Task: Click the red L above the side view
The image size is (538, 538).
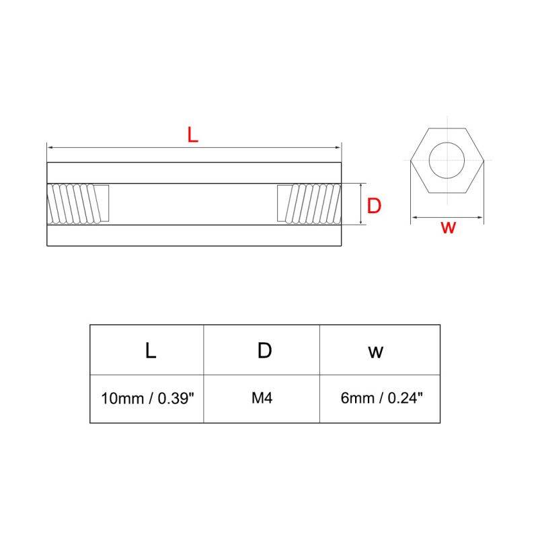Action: [193, 134]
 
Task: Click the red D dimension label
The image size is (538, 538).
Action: [374, 205]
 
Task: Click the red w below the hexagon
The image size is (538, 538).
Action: [448, 227]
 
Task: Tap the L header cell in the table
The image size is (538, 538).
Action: [151, 350]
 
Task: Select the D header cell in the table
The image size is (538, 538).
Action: [264, 350]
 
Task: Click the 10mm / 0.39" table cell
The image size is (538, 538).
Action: [147, 398]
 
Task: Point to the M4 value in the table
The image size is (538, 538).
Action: [262, 398]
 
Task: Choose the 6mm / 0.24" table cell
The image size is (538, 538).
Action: [381, 398]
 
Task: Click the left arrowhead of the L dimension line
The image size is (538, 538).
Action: [49, 147]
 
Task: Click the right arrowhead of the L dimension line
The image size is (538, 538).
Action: [339, 147]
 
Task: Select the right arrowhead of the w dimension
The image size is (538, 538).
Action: [482, 217]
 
